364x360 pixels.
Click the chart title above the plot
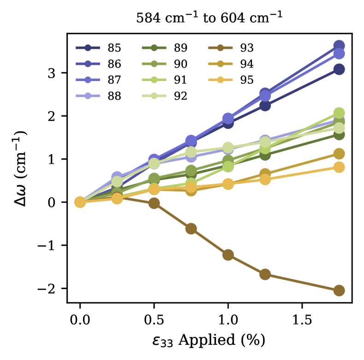(x=209, y=18)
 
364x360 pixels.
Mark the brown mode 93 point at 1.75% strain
(x=339, y=290)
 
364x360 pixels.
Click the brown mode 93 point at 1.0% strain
(x=228, y=255)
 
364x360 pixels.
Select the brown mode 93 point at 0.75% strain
(x=191, y=229)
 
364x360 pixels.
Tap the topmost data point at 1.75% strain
(x=339, y=46)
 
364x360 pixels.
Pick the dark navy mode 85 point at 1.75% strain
(x=339, y=70)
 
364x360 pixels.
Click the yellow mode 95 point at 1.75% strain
(x=339, y=167)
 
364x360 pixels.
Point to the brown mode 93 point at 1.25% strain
(x=265, y=274)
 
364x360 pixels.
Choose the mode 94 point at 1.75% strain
(x=339, y=154)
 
